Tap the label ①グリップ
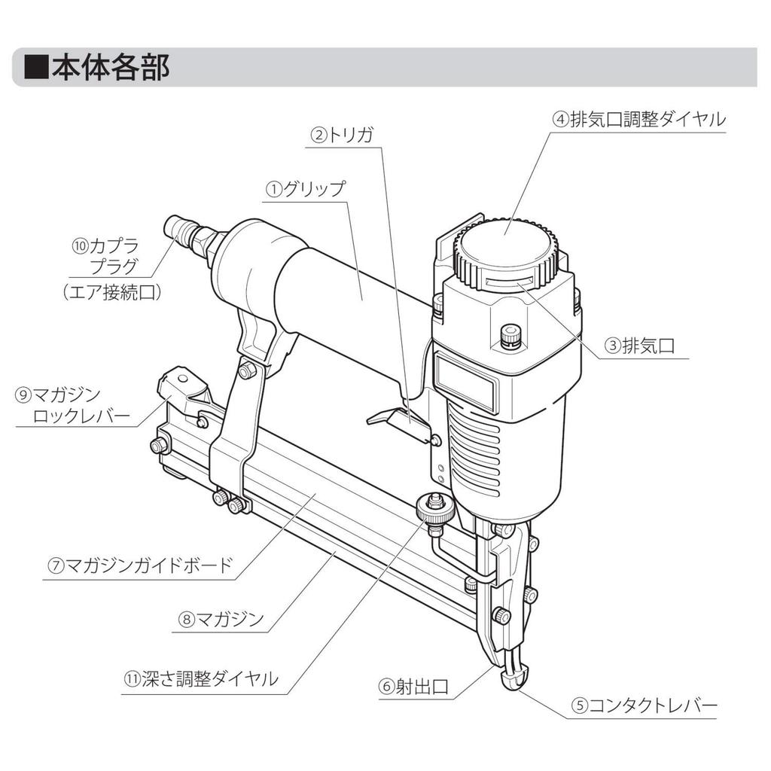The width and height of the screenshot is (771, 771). [x=306, y=189]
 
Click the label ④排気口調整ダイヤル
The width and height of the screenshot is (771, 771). [x=638, y=120]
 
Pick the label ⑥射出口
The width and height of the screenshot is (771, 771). [x=413, y=687]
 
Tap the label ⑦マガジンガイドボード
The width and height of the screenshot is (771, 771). [x=139, y=565]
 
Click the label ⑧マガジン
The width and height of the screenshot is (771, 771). [x=221, y=619]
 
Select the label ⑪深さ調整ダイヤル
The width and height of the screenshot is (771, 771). [x=200, y=679]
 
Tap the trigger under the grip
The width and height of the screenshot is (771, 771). [x=395, y=419]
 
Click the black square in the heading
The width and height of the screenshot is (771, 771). [x=36, y=67]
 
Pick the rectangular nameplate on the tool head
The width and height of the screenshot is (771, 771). [x=464, y=382]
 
